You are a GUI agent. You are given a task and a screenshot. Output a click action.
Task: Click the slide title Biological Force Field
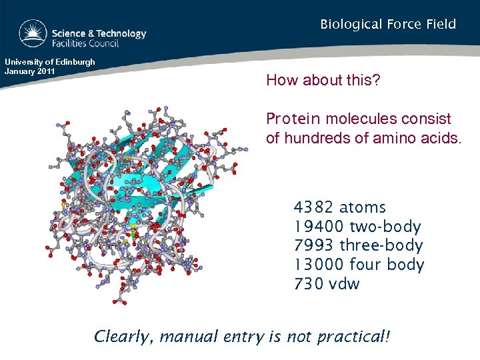pyautogui.click(x=388, y=25)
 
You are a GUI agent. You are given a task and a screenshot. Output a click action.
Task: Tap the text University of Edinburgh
pyautogui.click(x=49, y=62)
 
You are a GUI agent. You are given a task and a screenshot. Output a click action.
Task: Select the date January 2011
pyautogui.click(x=29, y=71)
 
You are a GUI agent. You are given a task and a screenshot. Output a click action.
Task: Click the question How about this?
pyautogui.click(x=323, y=81)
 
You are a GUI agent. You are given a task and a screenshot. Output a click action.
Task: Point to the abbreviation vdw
pyautogui.click(x=345, y=284)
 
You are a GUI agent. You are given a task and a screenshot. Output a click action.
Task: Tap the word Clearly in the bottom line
pyautogui.click(x=122, y=337)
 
